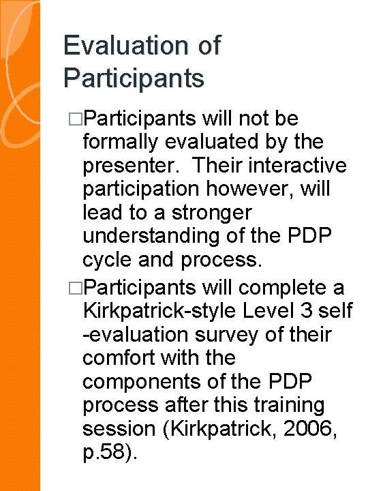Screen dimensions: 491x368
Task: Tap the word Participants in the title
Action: (x=134, y=78)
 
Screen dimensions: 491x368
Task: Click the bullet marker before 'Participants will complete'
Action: (x=74, y=286)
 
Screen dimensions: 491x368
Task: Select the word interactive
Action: (x=296, y=166)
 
